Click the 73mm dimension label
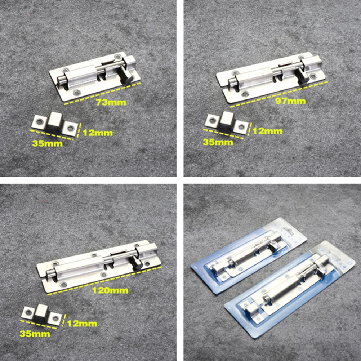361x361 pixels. (111, 102)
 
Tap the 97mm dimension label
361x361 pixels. (290, 101)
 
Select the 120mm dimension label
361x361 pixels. (113, 290)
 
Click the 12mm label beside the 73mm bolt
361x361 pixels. (98, 133)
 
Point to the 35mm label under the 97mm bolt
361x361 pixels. (217, 142)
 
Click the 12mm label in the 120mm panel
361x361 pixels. (82, 324)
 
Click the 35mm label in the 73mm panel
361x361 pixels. (47, 144)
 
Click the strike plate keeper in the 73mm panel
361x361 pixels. (55, 124)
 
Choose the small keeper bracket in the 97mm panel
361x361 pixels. (227, 122)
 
